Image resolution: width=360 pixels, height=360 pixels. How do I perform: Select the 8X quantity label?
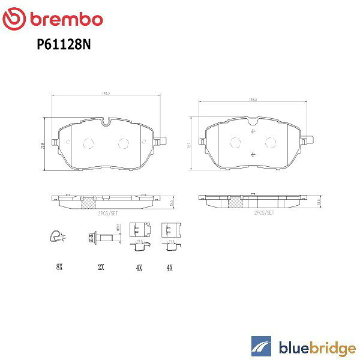[x=58, y=268]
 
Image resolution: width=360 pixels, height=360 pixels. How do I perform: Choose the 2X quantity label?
[x=101, y=268]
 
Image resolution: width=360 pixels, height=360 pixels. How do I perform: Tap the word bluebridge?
[x=316, y=346]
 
